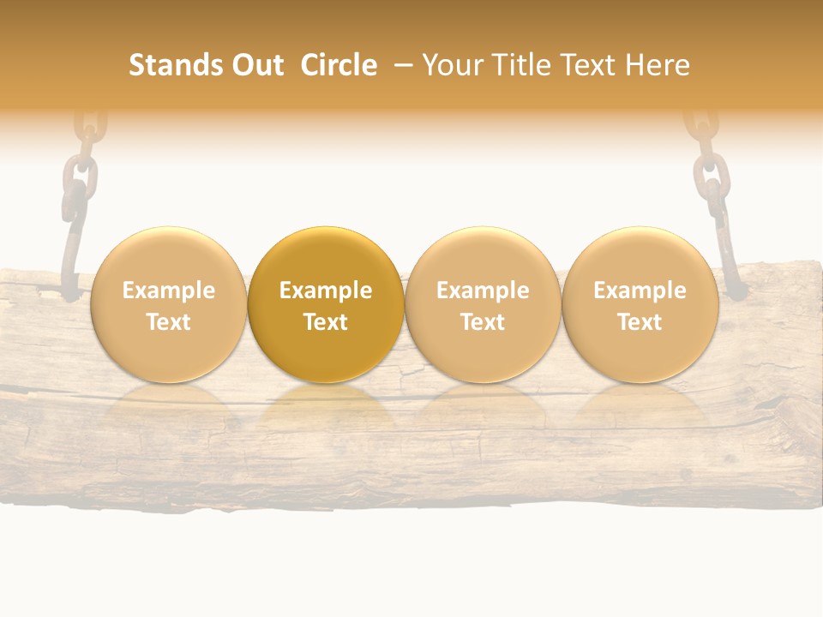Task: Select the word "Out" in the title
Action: (257, 65)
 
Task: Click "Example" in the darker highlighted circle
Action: (326, 291)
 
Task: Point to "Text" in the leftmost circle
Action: (168, 322)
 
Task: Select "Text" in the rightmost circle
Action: (640, 322)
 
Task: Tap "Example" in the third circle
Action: (483, 291)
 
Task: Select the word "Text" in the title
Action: (592, 65)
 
